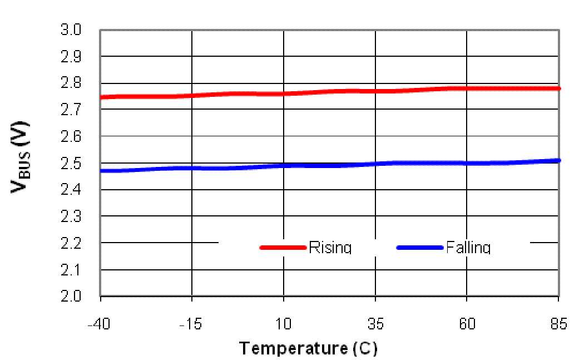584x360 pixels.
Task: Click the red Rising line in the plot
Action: point(328,91)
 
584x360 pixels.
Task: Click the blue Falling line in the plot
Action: point(328,165)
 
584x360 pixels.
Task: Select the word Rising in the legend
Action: point(330,247)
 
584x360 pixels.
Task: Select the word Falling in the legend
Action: point(468,247)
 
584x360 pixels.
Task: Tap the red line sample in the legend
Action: point(283,247)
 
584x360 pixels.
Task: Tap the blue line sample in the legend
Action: point(420,247)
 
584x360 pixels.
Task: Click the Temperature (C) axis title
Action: point(308,349)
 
